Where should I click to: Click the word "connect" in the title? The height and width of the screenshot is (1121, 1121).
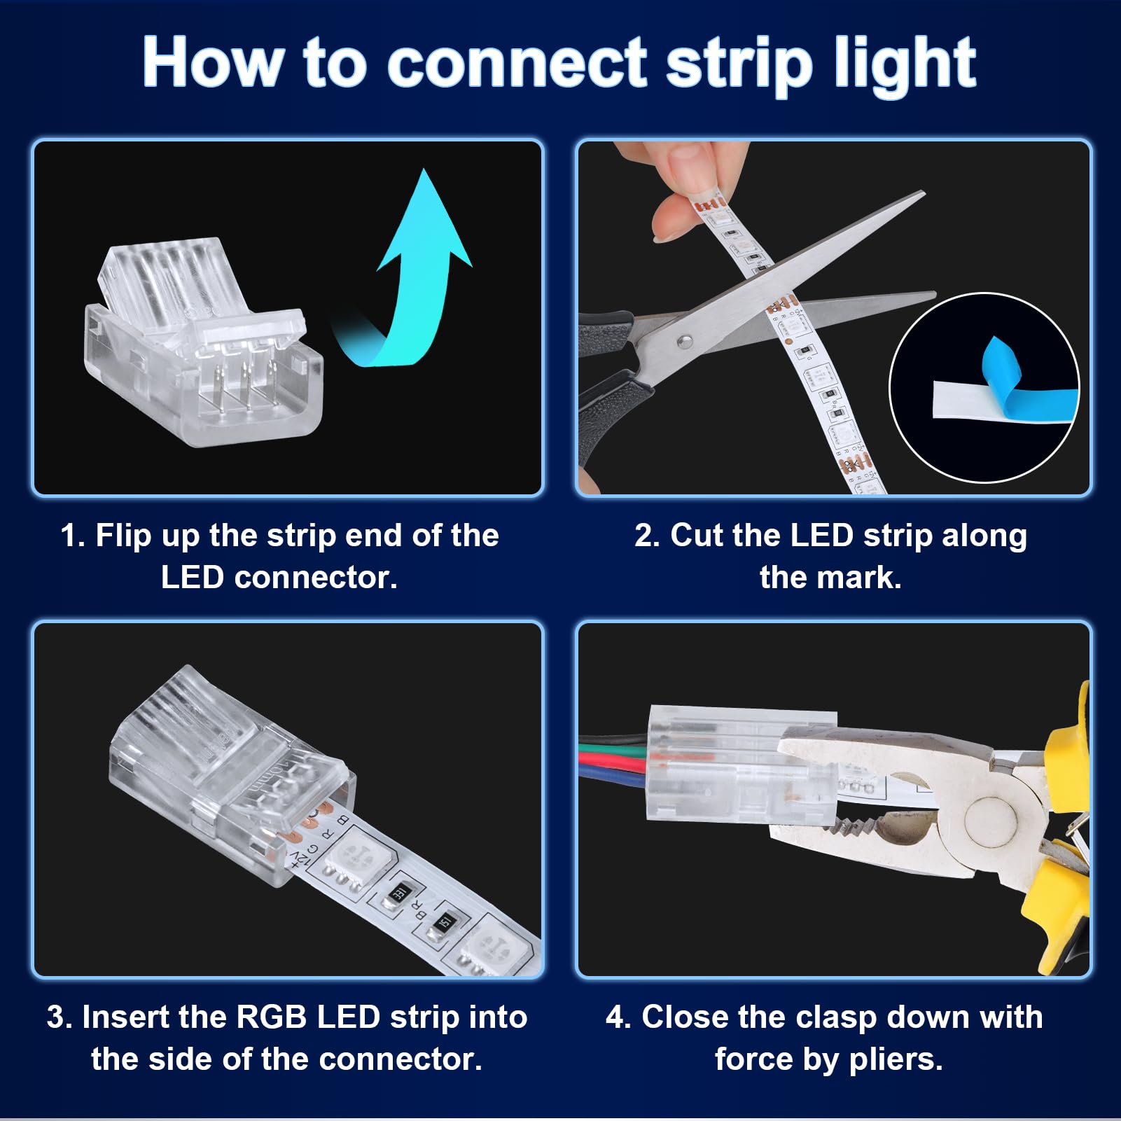coord(517,63)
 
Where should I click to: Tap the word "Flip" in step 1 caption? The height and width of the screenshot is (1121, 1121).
coord(123,536)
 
